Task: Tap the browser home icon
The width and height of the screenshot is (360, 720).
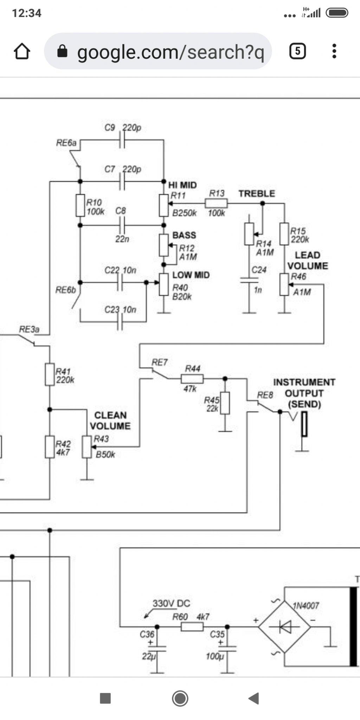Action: tap(22, 51)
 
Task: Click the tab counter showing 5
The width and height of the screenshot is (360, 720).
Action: tap(297, 51)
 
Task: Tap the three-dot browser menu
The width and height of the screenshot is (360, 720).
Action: tap(334, 51)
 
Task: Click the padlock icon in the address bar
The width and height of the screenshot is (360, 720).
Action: tap(62, 51)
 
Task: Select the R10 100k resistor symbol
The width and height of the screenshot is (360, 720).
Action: tap(80, 205)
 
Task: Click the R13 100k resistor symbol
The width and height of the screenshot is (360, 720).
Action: tap(216, 203)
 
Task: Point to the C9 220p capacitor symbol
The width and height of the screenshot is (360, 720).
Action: tap(122, 140)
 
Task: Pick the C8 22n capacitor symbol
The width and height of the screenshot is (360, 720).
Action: tap(122, 225)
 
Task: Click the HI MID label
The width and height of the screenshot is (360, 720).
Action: tap(182, 185)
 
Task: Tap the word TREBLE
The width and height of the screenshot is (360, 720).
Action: tap(257, 194)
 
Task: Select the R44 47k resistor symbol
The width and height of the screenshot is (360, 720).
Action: tap(192, 379)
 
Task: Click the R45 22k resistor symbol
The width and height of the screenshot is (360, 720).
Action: tap(225, 403)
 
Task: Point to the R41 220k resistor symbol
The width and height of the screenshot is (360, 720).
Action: tap(50, 374)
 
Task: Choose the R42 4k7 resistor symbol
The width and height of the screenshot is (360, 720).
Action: tap(50, 447)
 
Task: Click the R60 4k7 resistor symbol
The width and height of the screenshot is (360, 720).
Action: tap(192, 626)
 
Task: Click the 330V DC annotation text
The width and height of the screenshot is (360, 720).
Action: tap(171, 603)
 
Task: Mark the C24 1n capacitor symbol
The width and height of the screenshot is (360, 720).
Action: tap(249, 280)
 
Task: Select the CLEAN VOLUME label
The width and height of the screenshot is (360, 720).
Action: tap(110, 420)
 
